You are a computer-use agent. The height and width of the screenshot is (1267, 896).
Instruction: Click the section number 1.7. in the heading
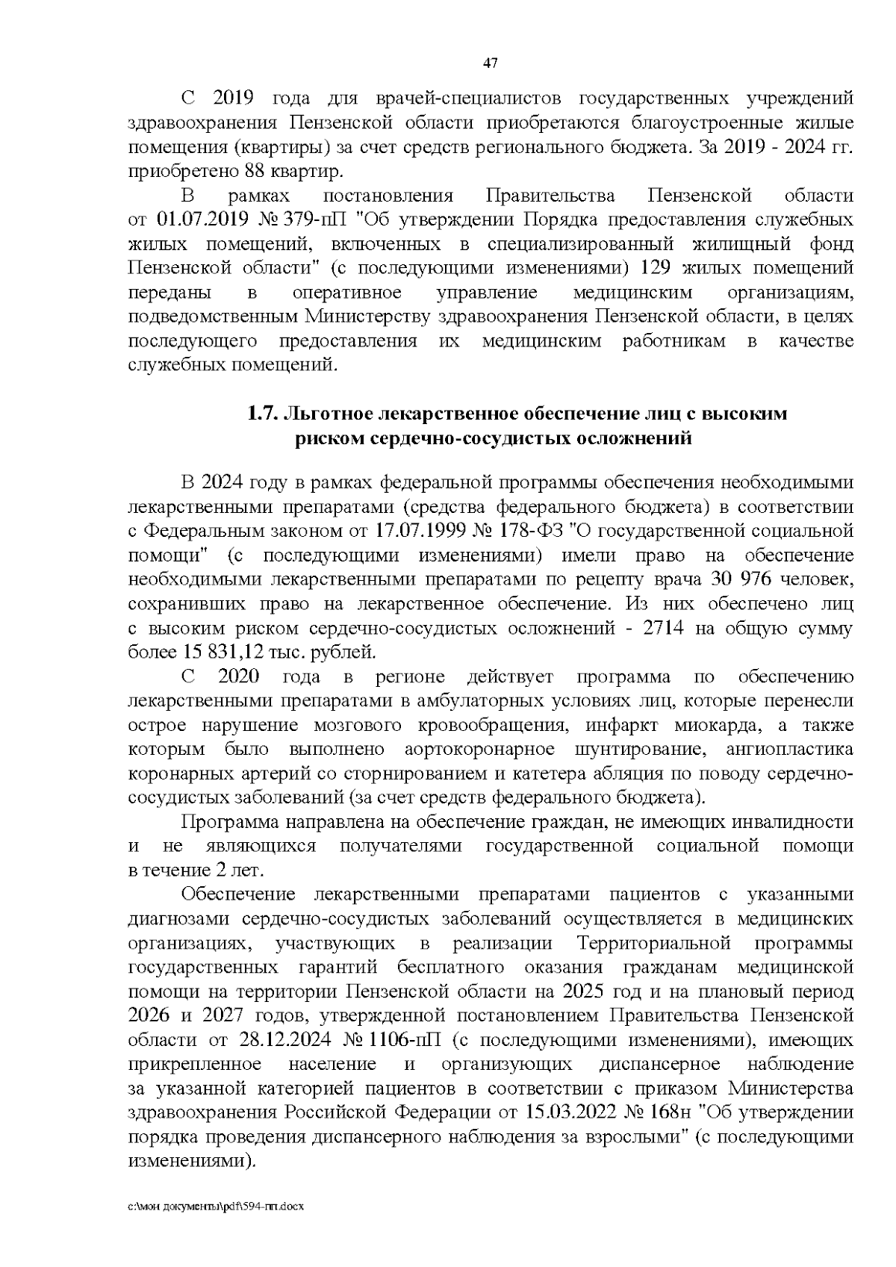pyautogui.click(x=264, y=414)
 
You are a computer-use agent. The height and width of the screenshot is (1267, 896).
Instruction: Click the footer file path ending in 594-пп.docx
pyautogui.click(x=216, y=1206)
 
